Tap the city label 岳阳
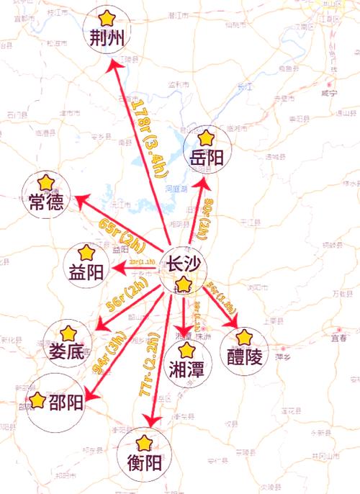[206, 158]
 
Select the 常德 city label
[46, 203]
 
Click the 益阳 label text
[86, 272]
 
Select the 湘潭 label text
[187, 370]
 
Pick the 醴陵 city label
[245, 356]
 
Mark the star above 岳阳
[206, 137]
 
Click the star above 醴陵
[245, 336]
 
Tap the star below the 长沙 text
[184, 284]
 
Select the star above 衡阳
[145, 441]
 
